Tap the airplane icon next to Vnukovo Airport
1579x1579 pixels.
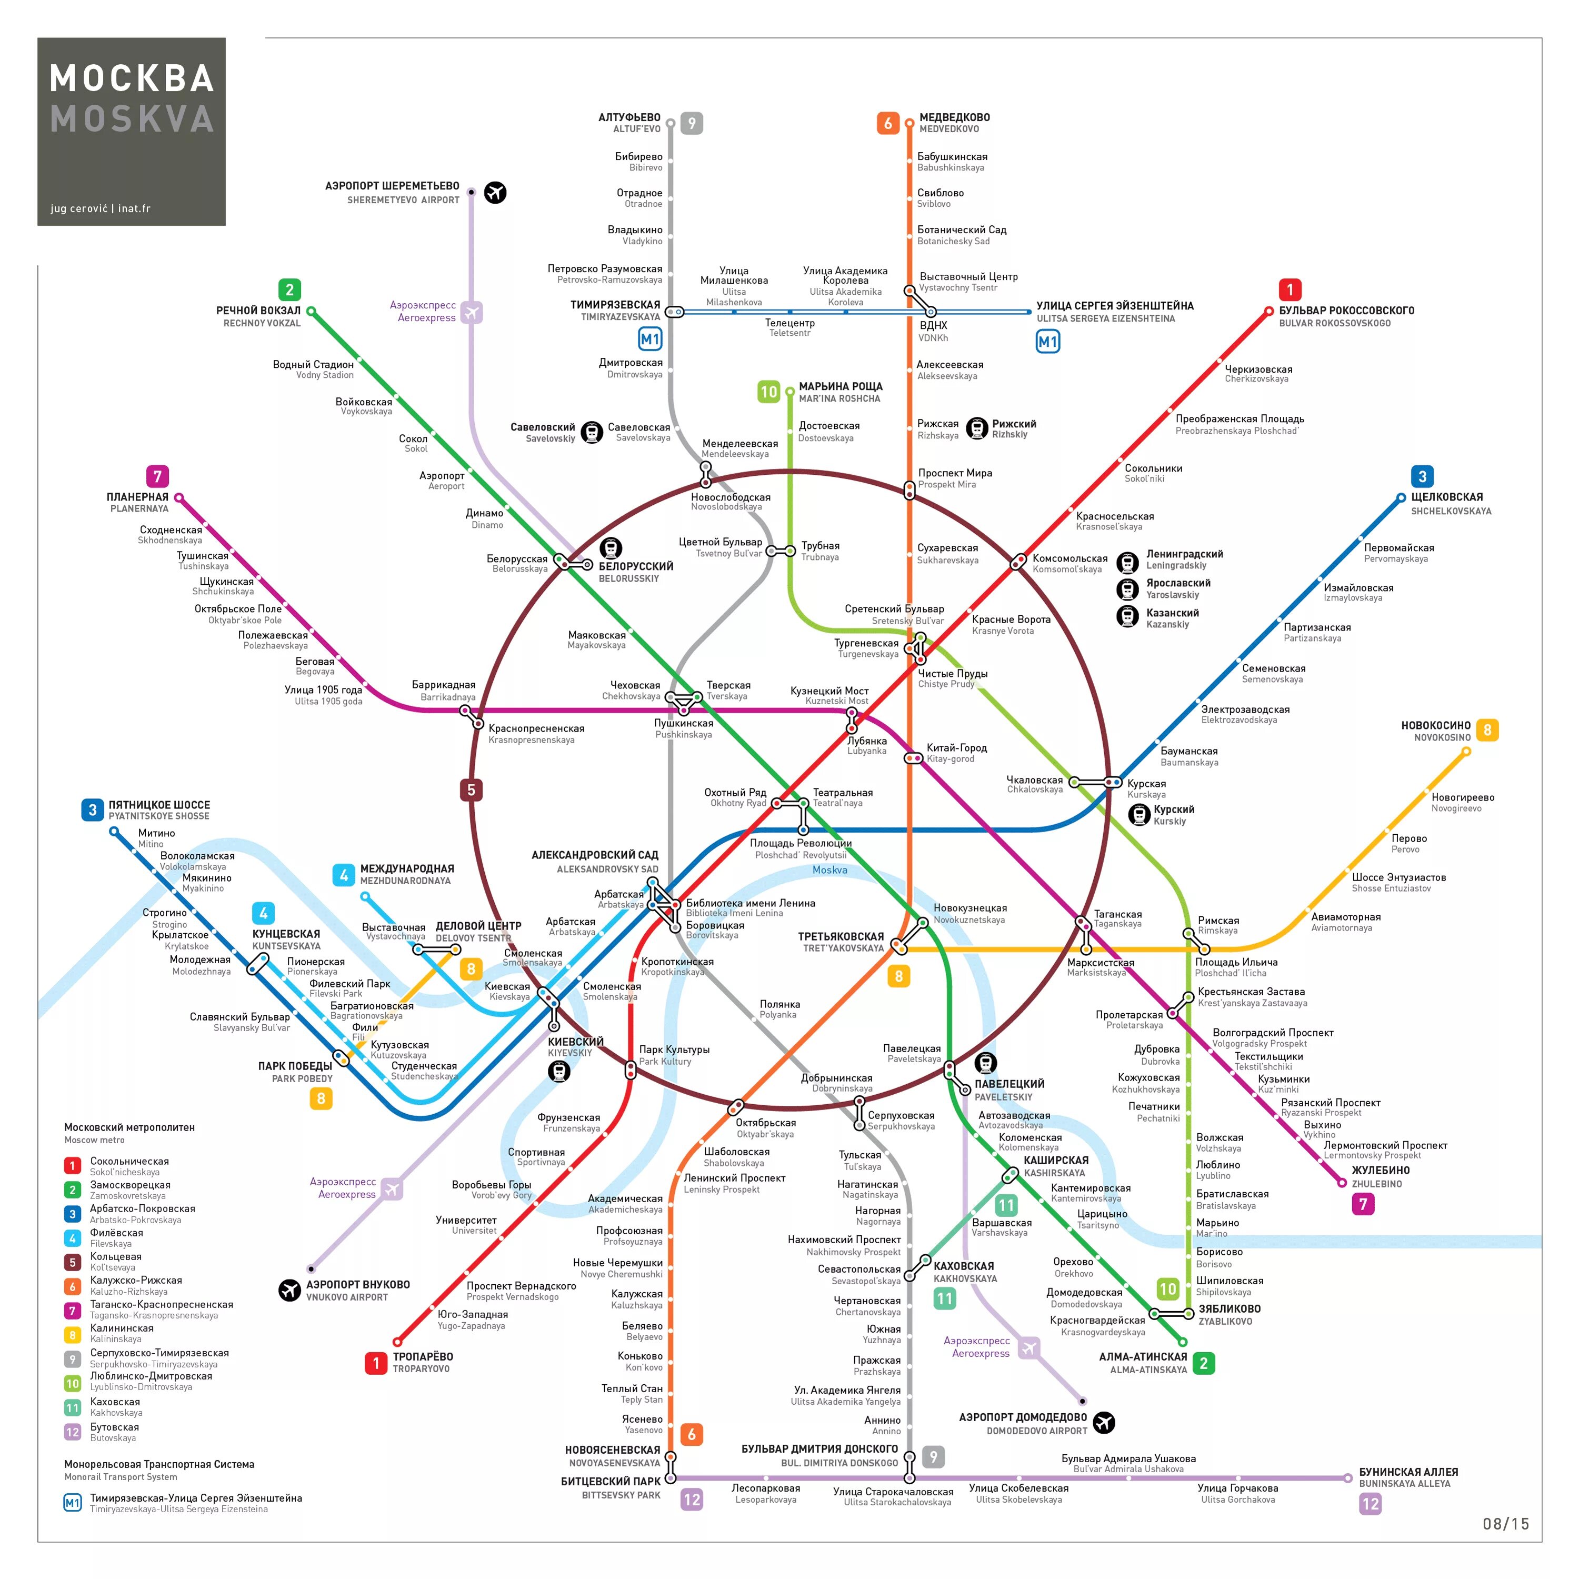pos(289,1290)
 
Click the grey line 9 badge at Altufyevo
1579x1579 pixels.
pos(692,123)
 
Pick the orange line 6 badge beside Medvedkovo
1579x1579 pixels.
pos(888,123)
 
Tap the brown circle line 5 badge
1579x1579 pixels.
pos(471,789)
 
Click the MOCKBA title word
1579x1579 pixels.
pos(132,78)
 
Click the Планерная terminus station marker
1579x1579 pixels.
pos(178,498)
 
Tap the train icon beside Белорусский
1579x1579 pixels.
pos(611,547)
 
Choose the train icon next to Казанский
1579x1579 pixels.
pos(1127,616)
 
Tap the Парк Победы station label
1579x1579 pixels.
pos(295,1066)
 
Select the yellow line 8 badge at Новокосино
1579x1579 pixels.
pos(1487,730)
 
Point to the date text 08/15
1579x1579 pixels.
pos(1505,1523)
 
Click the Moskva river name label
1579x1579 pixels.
pos(830,870)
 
